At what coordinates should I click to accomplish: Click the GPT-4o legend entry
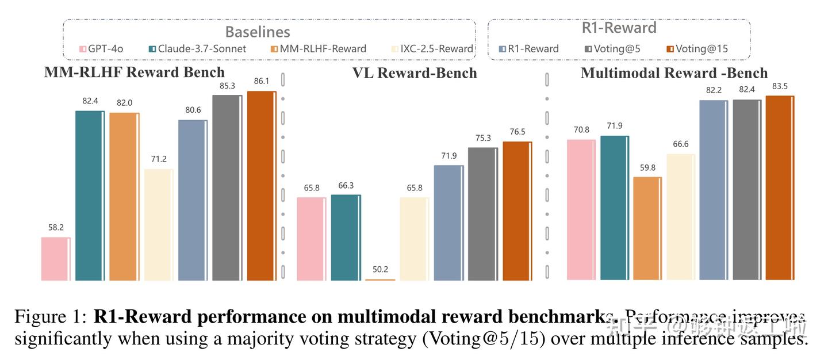[x=102, y=49]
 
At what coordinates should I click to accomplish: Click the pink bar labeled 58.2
[x=55, y=259]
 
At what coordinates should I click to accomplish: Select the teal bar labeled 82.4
[x=90, y=196]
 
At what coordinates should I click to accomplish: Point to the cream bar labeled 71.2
[x=158, y=224]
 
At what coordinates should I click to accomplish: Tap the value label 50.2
[x=381, y=270]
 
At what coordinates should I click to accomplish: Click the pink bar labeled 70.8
[x=581, y=210]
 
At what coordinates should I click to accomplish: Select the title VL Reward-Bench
[x=415, y=73]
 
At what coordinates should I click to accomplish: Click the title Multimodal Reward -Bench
[x=674, y=73]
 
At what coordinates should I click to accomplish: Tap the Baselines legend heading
[x=257, y=32]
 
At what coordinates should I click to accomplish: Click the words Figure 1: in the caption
[x=51, y=317]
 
